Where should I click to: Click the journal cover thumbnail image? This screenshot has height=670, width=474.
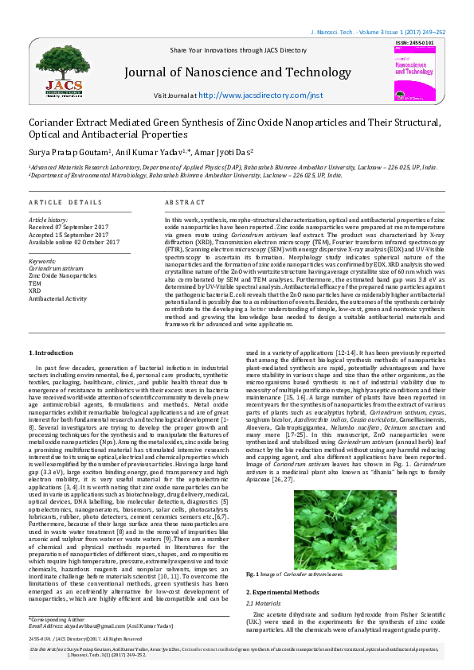[416, 75]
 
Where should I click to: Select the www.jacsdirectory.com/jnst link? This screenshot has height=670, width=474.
[260, 95]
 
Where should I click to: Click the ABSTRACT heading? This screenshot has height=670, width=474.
[185, 203]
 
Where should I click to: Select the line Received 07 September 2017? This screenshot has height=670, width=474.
[69, 227]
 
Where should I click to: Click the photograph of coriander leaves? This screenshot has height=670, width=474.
[345, 522]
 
